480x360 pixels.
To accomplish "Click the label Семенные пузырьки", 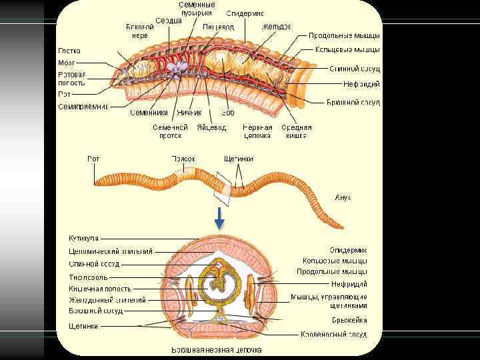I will pyautogui.click(x=197, y=9).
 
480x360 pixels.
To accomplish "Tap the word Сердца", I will pyautogui.click(x=169, y=21).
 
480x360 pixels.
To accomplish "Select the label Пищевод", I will pyautogui.click(x=219, y=26).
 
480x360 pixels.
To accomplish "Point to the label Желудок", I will pyautogui.click(x=276, y=27).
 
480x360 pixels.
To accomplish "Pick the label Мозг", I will pyautogui.click(x=66, y=62).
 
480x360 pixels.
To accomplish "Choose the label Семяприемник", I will pyautogui.click(x=83, y=106).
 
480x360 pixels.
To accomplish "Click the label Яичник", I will pyautogui.click(x=189, y=113).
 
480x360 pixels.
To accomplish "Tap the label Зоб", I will pyautogui.click(x=228, y=113).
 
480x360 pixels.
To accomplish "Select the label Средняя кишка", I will pyautogui.click(x=296, y=131).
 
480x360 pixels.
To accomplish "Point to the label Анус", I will pyautogui.click(x=341, y=197).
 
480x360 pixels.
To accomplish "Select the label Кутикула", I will pyautogui.click(x=84, y=238).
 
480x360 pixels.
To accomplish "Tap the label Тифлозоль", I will pyautogui.click(x=87, y=277).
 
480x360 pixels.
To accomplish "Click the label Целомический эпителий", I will pyautogui.click(x=111, y=251).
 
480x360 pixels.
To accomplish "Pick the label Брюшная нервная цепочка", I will pyautogui.click(x=217, y=349).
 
